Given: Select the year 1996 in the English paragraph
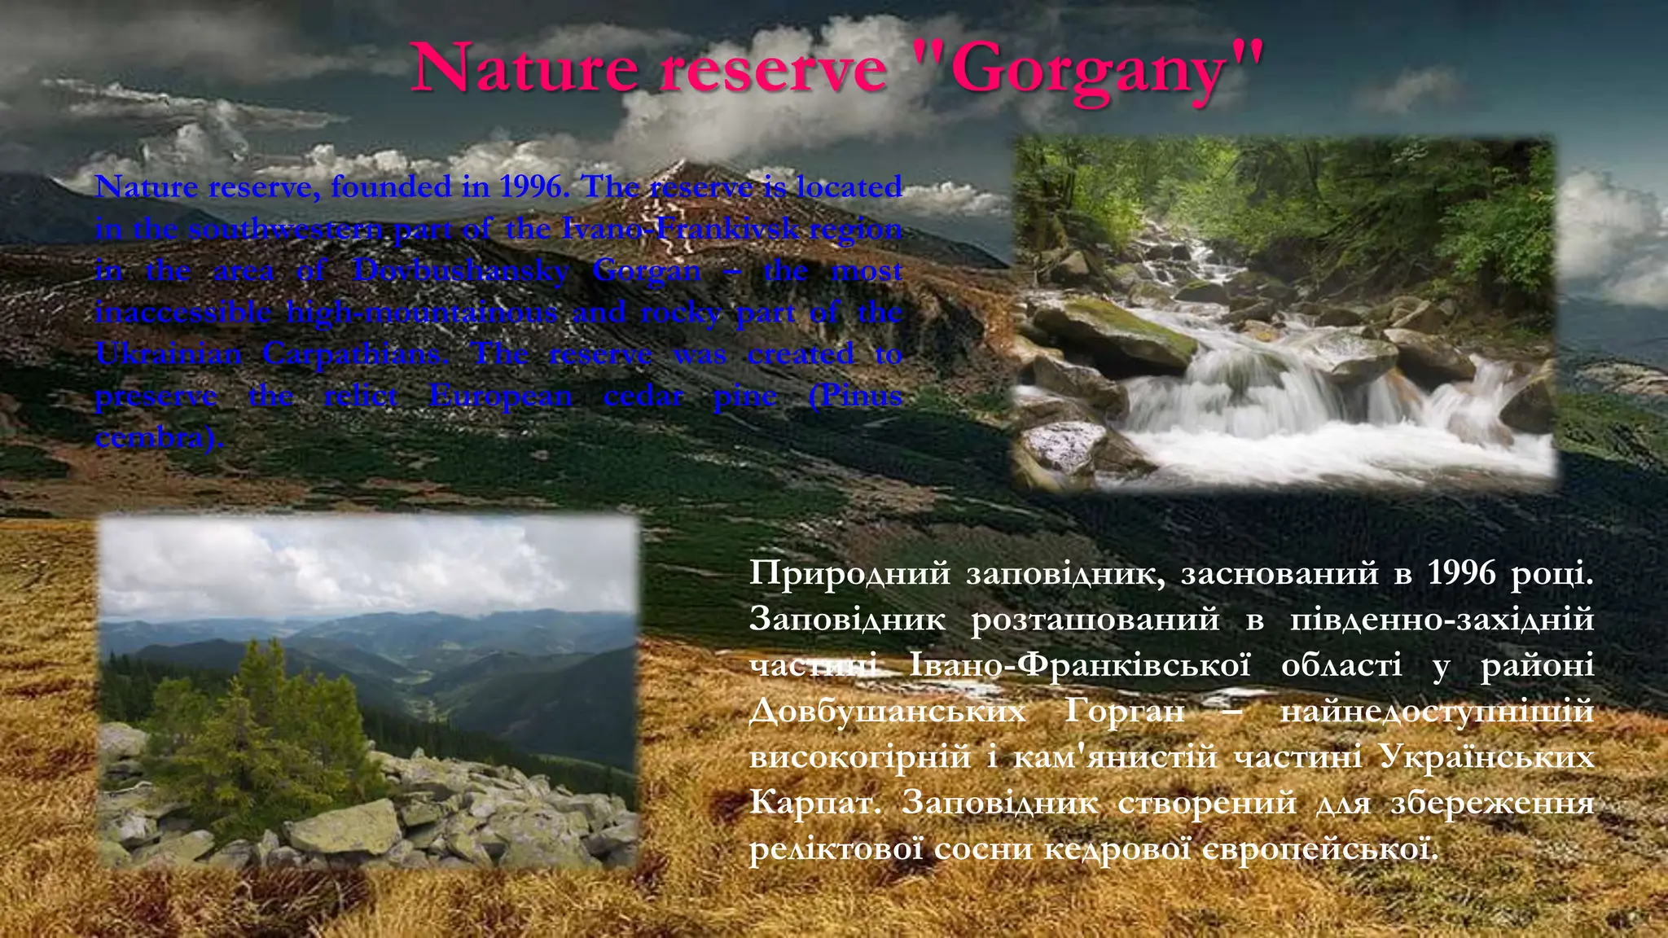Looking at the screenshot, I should coord(531,187).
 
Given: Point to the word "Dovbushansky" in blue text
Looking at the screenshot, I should coord(461,270).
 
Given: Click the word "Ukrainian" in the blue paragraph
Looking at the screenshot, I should coord(169,354).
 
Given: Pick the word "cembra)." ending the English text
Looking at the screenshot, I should coord(159,438).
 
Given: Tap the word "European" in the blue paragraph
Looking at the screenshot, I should coord(501,397).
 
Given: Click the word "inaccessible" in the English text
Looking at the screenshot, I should coord(182,313).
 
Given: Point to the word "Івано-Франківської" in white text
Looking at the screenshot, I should coord(1079,665).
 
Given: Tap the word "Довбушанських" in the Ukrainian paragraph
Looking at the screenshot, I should coord(887,712).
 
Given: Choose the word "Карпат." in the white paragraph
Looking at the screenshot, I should coord(815,803).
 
